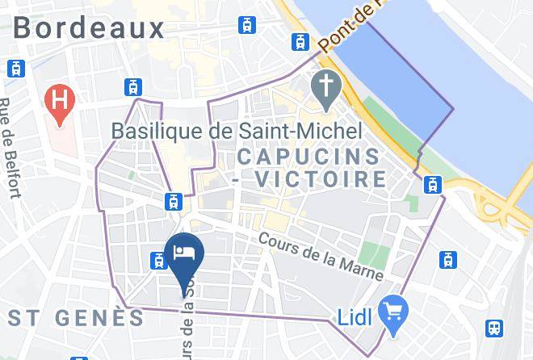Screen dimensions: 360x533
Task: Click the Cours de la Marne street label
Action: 321,257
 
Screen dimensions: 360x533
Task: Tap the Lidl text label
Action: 354,317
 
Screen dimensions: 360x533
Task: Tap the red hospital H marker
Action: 59,102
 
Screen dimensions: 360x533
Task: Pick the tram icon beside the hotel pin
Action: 158,260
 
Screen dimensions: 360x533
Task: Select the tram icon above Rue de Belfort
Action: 14,69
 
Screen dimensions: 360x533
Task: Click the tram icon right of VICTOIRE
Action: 432,184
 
